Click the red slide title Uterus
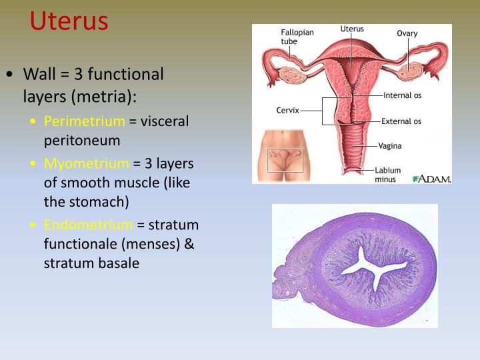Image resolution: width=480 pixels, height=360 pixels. click(69, 21)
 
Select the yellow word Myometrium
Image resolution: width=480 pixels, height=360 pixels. click(86, 163)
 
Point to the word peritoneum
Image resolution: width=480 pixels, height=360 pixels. click(81, 141)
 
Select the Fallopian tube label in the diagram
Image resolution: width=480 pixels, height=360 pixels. click(297, 37)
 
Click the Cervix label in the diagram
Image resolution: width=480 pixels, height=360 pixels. click(287, 110)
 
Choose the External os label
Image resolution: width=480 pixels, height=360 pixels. click(401, 121)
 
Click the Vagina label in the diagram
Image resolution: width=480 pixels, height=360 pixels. click(390, 145)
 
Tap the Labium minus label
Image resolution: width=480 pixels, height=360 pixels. click(388, 174)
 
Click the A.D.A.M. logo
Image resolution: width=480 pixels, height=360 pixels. click(431, 178)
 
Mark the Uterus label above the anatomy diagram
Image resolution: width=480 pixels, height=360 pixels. click(351, 29)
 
